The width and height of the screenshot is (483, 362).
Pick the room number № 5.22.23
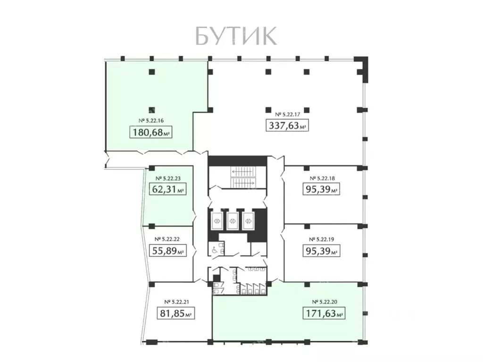tap(169, 179)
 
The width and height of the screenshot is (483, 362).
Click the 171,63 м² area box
tap(324, 313)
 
